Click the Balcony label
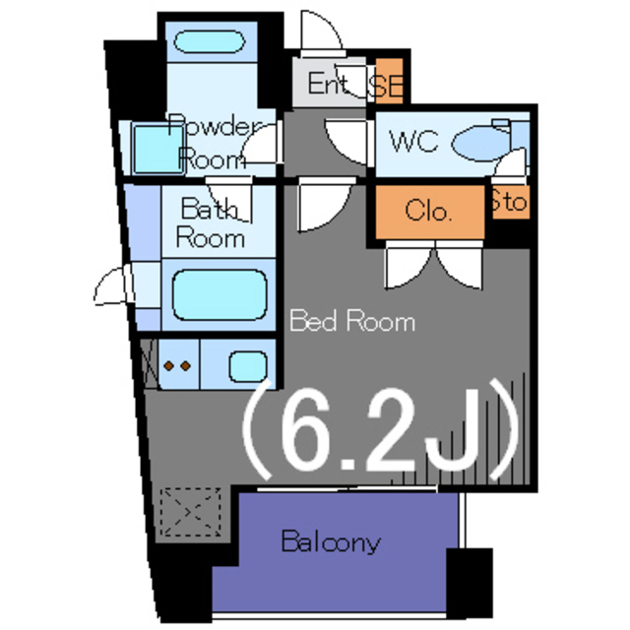(331, 541)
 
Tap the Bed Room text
(351, 321)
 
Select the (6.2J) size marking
(379, 431)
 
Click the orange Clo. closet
(428, 212)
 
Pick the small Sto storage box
(509, 204)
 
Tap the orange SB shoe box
(386, 84)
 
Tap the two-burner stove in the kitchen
(176, 366)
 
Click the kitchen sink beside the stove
(246, 366)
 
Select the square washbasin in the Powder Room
(154, 148)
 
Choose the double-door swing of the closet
(433, 267)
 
